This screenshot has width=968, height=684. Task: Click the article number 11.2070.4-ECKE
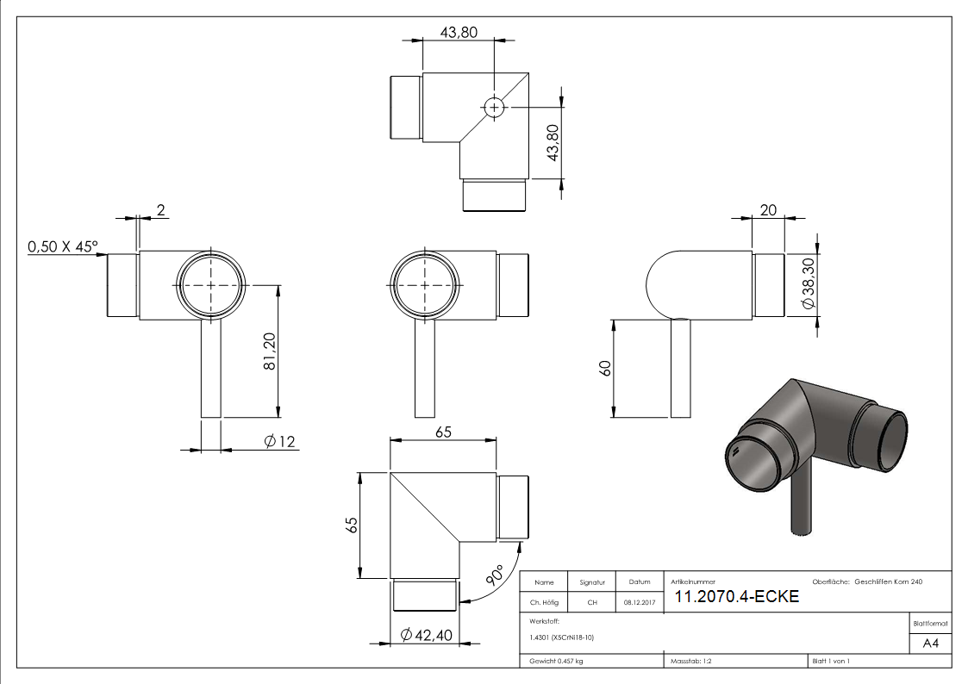(736, 597)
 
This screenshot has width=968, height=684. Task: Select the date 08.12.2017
(639, 603)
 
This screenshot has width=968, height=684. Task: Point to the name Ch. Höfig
(545, 603)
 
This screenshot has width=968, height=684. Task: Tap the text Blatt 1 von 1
(830, 662)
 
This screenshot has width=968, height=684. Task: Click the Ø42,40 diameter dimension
(426, 637)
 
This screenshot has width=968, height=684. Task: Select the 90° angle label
(494, 576)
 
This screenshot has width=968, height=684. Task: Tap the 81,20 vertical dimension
(269, 352)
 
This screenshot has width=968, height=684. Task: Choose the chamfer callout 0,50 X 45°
(64, 247)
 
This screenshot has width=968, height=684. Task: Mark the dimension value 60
(605, 369)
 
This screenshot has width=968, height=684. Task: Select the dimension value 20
(768, 210)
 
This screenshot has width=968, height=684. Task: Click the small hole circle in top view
(494, 108)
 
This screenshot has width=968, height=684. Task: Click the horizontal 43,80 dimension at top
(459, 32)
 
